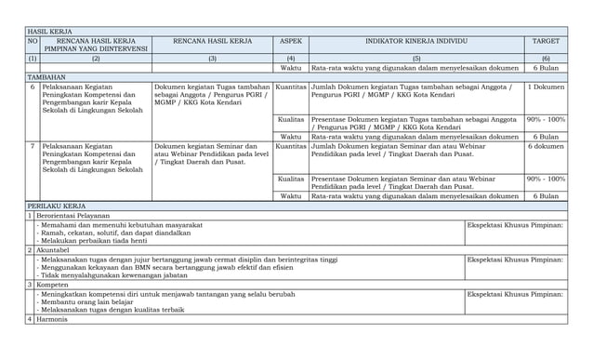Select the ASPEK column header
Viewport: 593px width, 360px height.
[x=290, y=42]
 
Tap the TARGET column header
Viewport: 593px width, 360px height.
[x=546, y=42]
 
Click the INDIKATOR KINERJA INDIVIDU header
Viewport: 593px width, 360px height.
[x=415, y=42]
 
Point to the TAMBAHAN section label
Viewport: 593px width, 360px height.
[x=46, y=77]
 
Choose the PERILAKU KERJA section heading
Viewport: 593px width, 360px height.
[x=57, y=206]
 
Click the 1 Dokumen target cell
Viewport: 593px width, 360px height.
[x=546, y=87]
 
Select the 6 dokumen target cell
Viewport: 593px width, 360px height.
[x=546, y=146]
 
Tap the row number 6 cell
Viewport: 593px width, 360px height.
[x=32, y=87]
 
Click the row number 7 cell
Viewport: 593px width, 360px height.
[x=32, y=146]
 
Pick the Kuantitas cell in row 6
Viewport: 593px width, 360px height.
[x=290, y=87]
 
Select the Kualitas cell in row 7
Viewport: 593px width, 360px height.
[x=290, y=178]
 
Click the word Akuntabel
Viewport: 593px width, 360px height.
[x=58, y=250]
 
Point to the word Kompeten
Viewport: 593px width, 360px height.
[x=56, y=284]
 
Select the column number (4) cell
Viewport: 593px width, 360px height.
[x=290, y=58]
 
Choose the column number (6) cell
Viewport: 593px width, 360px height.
[x=546, y=58]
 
